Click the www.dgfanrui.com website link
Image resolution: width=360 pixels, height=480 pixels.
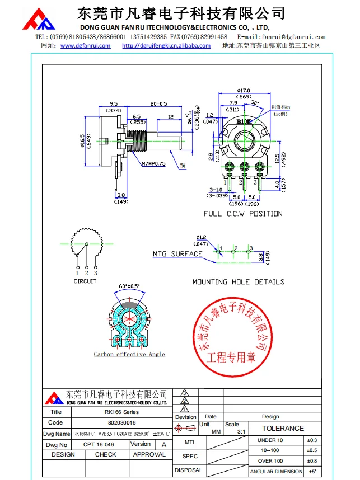[86, 46]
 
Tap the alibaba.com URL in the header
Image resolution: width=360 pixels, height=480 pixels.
[166, 46]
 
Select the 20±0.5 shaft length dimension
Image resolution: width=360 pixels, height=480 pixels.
[158, 104]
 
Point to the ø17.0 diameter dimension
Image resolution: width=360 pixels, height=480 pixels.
[243, 90]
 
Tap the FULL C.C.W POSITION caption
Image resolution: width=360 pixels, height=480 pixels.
[243, 214]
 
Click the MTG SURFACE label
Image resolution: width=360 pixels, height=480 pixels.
[177, 254]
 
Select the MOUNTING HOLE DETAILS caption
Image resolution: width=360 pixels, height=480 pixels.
[239, 282]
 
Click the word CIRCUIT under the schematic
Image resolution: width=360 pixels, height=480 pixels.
[85, 281]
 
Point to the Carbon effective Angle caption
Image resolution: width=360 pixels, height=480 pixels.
[129, 354]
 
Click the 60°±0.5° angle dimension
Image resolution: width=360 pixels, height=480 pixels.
[130, 286]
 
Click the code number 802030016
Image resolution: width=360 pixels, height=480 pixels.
[121, 423]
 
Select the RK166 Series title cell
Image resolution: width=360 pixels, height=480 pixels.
[121, 412]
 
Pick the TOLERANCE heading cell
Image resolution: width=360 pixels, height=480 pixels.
[283, 429]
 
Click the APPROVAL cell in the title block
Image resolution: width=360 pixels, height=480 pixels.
[149, 454]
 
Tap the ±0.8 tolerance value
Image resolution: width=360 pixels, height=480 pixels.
[312, 461]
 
